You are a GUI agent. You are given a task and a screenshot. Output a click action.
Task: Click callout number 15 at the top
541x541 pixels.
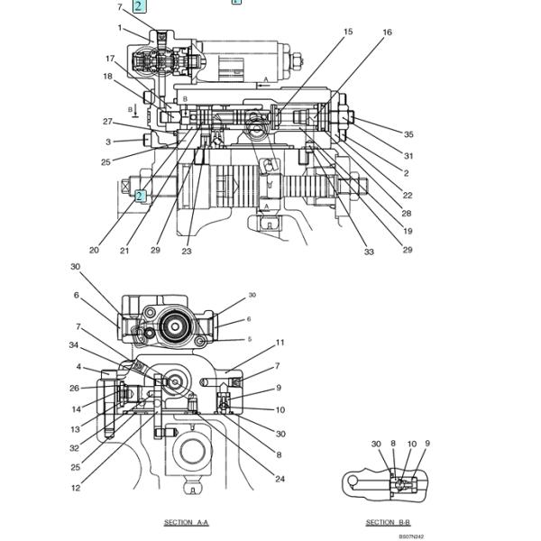(x=348, y=32)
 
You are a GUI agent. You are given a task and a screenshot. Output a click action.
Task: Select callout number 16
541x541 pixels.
(x=388, y=32)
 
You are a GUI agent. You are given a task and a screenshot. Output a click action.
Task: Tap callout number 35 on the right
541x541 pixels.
(x=408, y=134)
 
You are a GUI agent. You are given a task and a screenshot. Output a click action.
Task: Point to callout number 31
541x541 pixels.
(x=408, y=155)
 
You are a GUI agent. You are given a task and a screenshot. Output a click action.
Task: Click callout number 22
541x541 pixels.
(x=408, y=195)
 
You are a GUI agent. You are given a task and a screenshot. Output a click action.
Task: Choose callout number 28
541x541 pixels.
(x=407, y=214)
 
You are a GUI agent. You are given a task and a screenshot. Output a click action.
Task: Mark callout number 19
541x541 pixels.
(x=408, y=231)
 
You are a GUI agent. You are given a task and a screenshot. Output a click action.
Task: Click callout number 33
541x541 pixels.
(x=369, y=252)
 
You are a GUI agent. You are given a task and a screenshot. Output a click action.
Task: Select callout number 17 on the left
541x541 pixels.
(x=110, y=59)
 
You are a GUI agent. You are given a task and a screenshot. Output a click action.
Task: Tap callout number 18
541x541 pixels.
(x=107, y=77)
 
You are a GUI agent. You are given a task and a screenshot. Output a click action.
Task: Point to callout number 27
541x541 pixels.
(x=107, y=122)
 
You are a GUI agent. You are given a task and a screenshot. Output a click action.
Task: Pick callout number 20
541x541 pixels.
(x=94, y=251)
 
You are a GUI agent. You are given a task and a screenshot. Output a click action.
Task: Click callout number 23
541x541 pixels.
(x=187, y=252)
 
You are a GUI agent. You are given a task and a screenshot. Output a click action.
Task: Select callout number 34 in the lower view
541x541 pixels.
(x=74, y=344)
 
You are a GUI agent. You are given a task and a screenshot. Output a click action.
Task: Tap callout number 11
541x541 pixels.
(x=280, y=343)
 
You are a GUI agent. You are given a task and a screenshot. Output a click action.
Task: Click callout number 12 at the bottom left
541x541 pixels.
(x=76, y=488)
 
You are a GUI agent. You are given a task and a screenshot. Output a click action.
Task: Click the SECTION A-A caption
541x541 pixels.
(x=186, y=523)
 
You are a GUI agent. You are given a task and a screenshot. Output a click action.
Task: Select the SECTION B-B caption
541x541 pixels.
(x=388, y=523)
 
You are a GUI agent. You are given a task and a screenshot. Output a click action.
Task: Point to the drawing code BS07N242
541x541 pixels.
(x=411, y=536)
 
